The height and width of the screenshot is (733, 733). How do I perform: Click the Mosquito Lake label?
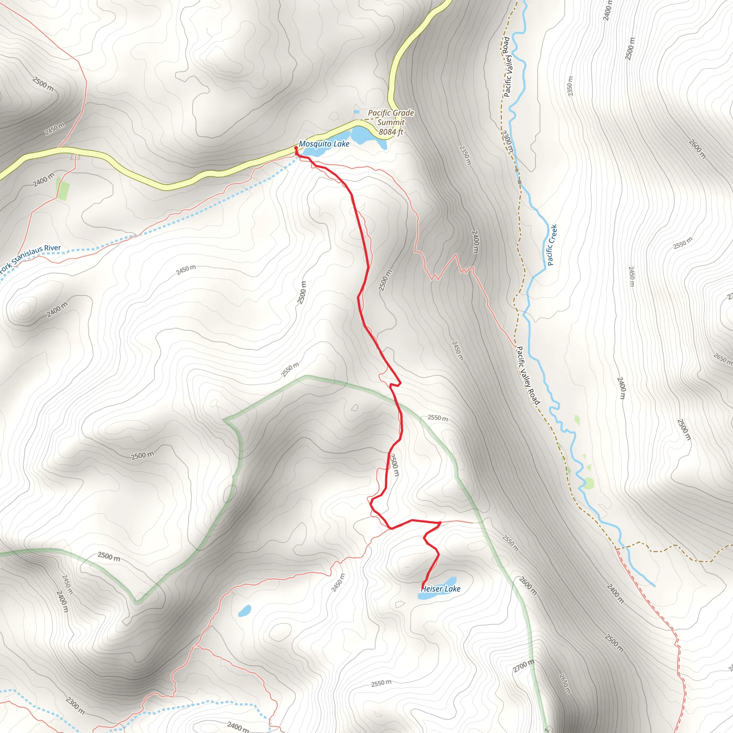pos(324,144)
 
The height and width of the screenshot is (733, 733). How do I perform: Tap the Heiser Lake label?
pos(441,589)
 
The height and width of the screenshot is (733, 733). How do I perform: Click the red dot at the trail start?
pos(296,148)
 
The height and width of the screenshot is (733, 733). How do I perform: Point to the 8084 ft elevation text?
pos(391,132)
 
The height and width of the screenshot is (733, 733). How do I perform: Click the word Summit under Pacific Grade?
pos(391,122)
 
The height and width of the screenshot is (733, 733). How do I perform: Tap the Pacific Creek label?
pos(552,245)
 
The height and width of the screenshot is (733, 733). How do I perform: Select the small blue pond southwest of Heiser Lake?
pos(245,611)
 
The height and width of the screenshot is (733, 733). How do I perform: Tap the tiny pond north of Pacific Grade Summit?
pos(356,112)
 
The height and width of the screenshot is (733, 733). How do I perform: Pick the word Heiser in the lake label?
pos(431,589)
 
